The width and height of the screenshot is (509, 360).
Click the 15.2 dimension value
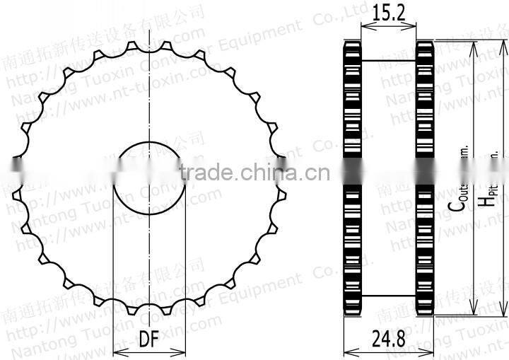click(x=389, y=13)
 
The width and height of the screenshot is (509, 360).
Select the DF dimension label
click(x=148, y=339)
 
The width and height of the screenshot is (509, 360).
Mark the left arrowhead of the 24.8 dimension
click(x=346, y=349)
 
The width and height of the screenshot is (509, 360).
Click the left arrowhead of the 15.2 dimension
click(x=363, y=27)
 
